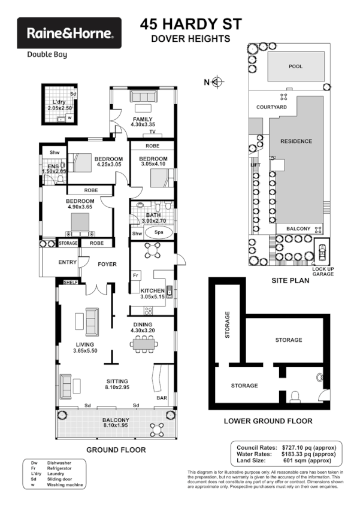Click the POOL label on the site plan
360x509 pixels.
295,66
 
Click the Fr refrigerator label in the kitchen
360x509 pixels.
136,275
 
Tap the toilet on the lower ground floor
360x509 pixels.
294,396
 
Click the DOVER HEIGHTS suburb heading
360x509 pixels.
190,39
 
